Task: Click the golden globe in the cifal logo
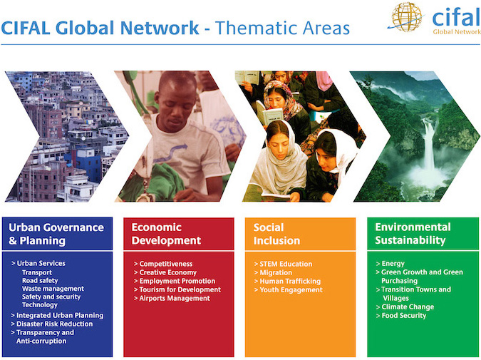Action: tap(406, 17)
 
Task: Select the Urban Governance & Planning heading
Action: tap(56, 234)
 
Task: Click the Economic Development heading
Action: tap(166, 234)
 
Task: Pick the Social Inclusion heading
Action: tap(276, 234)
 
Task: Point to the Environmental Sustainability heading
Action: tap(413, 234)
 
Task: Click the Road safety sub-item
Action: tap(40, 280)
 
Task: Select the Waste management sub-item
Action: tap(53, 289)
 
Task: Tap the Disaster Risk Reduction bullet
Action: tap(52, 324)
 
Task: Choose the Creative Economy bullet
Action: tap(165, 272)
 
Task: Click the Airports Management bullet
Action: tap(172, 298)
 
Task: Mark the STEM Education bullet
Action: tap(283, 264)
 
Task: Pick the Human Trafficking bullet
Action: tap(287, 281)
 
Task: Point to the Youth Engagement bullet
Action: tap(289, 290)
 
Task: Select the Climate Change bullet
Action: tap(405, 307)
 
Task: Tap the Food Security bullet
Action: tap(401, 316)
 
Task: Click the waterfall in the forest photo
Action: tap(428, 144)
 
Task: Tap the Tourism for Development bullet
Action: tap(177, 289)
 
